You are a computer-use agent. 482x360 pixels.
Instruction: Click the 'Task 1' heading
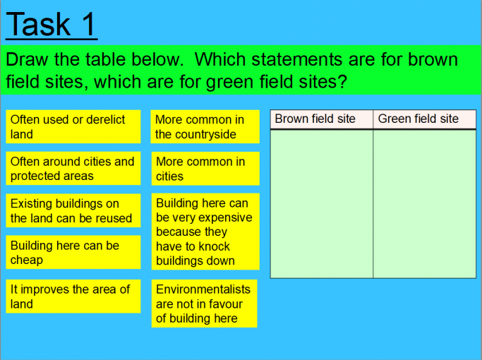[52, 25]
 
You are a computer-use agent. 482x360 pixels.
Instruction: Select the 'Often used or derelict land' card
[73, 126]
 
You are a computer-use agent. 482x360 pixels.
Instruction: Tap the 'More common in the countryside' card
[205, 126]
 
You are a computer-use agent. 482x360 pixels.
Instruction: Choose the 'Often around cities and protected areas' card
[73, 169]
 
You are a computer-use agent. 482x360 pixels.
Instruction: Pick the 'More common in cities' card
[205, 169]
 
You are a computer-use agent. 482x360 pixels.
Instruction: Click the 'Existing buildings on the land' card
[73, 210]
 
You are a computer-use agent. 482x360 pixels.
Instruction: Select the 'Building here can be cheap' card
[73, 253]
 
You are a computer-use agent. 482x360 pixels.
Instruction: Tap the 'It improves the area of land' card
[73, 296]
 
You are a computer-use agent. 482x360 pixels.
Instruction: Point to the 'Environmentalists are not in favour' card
[204, 304]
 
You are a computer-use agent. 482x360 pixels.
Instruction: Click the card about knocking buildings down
[205, 232]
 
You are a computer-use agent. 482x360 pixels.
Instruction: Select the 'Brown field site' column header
[322, 119]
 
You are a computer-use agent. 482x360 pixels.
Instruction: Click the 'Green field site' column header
[425, 119]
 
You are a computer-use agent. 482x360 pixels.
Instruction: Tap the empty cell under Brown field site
[322, 204]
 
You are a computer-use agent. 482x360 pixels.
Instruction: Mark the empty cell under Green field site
[425, 204]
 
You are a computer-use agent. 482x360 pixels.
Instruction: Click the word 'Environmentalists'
[203, 289]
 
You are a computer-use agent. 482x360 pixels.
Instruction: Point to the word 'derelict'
[105, 119]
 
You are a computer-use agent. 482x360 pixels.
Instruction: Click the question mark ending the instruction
[342, 81]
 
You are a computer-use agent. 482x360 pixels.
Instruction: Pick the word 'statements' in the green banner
[296, 59]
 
